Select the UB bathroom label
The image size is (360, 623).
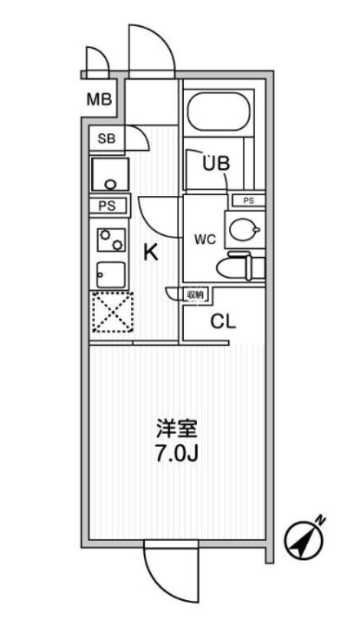217,163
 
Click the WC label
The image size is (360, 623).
205,239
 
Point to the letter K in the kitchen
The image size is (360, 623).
152,253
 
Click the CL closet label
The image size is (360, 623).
223,321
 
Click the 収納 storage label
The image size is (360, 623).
196,294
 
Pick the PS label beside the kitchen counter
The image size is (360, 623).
108,206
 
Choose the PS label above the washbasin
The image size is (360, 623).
248,201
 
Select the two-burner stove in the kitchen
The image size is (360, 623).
110,240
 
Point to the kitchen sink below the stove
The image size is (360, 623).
110,273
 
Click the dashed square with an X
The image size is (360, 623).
112,312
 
